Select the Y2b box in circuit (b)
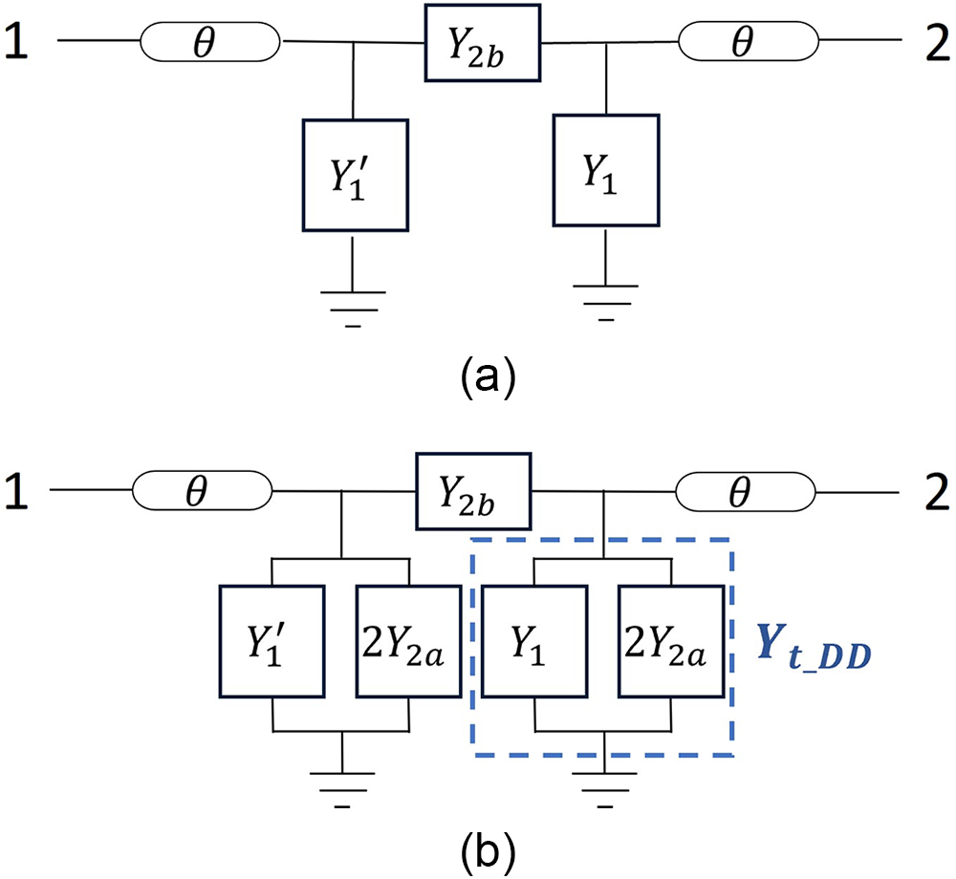click(x=470, y=489)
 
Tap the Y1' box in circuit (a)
click(x=356, y=175)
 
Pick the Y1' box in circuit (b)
click(x=273, y=640)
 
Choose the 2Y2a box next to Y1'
click(x=411, y=640)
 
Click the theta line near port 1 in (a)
click(x=210, y=42)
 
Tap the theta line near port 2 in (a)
click(x=749, y=41)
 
